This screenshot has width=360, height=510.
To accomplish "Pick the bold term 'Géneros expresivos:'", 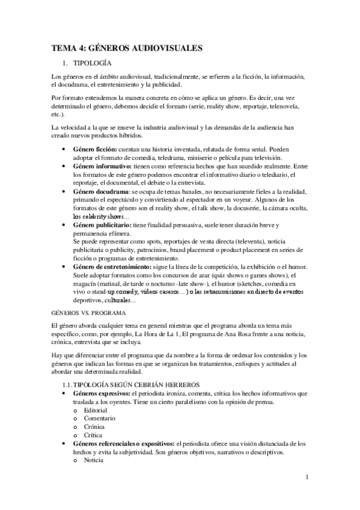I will tap(103, 393).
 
